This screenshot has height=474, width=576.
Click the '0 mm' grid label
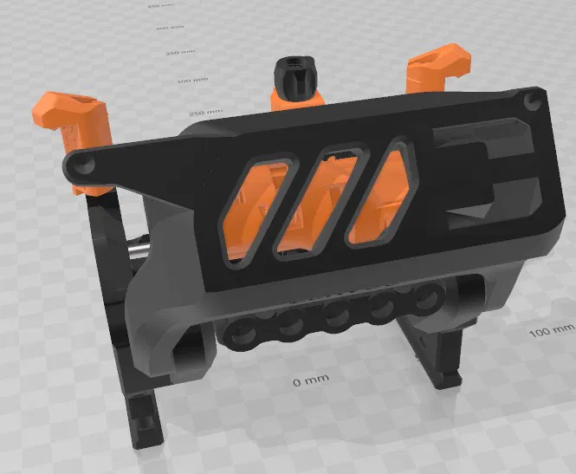(309, 381)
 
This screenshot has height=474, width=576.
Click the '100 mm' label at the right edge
(551, 331)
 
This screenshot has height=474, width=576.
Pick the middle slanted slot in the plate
(318, 199)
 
